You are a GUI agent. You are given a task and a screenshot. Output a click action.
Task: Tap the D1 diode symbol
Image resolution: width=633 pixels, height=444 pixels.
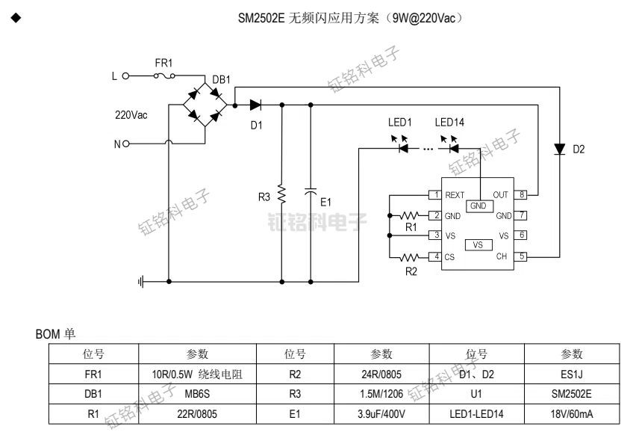[x=257, y=105]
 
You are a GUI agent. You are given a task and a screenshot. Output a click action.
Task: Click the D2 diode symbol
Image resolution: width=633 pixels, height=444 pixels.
[x=560, y=149]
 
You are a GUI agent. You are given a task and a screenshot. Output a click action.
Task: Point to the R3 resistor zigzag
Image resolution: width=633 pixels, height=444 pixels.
[x=281, y=194]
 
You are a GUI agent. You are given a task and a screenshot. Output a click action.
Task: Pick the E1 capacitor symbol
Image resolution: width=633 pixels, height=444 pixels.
[x=311, y=192]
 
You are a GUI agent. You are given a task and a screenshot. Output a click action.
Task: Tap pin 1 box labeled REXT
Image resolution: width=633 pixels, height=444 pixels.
[x=432, y=195]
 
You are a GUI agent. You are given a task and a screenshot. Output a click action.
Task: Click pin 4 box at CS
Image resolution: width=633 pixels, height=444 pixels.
[x=432, y=256]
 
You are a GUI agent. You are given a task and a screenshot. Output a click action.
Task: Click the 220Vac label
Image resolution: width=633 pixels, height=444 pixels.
[x=131, y=116]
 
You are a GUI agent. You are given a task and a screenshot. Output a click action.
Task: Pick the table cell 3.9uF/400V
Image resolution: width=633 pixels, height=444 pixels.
[x=381, y=413]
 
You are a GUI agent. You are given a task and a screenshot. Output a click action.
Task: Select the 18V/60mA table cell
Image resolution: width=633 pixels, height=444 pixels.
[x=571, y=413]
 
